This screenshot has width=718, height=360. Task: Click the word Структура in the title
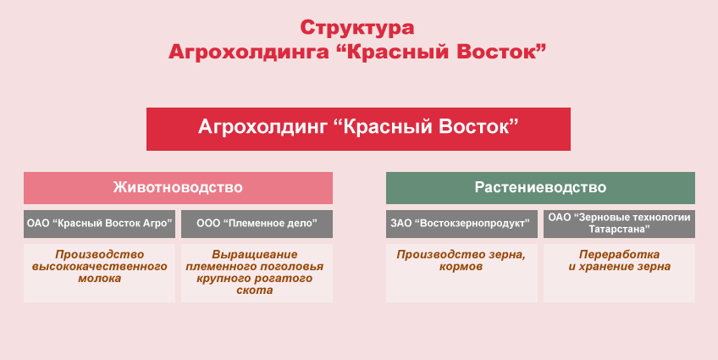tap(358, 27)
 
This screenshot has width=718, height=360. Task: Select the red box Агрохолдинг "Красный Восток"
tap(358, 128)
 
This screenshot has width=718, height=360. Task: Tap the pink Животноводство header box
tap(178, 187)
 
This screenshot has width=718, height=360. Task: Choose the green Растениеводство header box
tap(540, 187)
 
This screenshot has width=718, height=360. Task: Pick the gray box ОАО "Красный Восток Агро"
tap(100, 224)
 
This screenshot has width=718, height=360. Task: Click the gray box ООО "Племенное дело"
tap(257, 224)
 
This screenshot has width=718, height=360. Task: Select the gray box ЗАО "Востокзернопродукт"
tap(461, 224)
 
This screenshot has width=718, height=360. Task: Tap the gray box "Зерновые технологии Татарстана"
tap(619, 224)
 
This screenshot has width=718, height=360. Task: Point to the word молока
tap(100, 278)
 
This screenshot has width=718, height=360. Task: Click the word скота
tap(257, 290)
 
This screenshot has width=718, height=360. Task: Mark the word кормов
tap(461, 266)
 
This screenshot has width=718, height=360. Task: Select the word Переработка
tap(619, 254)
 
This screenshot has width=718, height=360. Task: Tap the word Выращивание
tap(257, 254)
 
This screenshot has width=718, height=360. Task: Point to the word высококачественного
tap(100, 266)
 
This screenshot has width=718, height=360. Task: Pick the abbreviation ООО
tap(208, 224)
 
